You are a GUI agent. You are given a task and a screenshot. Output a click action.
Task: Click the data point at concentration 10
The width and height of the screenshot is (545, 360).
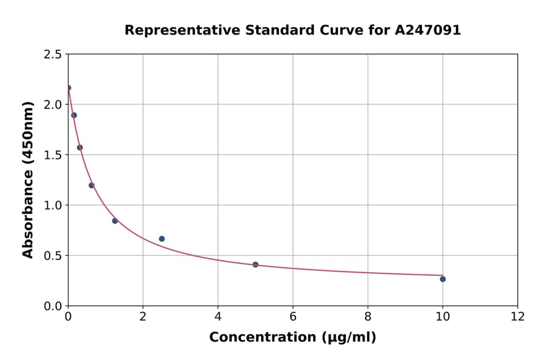[443, 279]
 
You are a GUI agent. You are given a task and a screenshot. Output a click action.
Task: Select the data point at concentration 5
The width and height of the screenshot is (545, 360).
[256, 264]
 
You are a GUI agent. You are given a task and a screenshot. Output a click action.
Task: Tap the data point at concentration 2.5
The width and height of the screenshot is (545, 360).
[162, 239]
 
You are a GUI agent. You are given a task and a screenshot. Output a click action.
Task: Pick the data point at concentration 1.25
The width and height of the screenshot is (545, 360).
[115, 221]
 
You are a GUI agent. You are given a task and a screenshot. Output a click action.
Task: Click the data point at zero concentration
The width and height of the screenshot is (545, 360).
[68, 88]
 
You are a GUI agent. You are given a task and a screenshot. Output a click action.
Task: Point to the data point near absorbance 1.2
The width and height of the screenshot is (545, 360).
[91, 185]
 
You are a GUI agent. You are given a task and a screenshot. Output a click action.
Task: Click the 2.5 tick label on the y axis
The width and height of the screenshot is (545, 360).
[53, 55]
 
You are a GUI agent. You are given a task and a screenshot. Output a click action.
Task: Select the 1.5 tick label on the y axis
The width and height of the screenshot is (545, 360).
[53, 155]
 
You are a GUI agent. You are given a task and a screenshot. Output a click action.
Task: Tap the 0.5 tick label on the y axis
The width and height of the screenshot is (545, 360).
[53, 256]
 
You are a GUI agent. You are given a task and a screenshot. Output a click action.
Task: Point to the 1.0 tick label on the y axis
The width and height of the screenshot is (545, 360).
[53, 205]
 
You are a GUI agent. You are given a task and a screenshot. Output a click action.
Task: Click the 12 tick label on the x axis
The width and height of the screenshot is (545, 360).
[517, 317]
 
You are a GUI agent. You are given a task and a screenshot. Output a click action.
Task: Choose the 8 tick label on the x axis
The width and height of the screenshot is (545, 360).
[368, 317]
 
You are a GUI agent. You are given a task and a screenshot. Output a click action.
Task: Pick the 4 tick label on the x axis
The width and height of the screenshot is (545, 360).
[218, 317]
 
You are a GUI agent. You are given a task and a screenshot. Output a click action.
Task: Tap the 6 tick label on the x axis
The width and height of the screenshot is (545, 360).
[293, 317]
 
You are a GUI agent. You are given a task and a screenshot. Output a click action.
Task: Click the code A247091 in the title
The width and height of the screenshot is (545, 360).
[428, 30]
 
